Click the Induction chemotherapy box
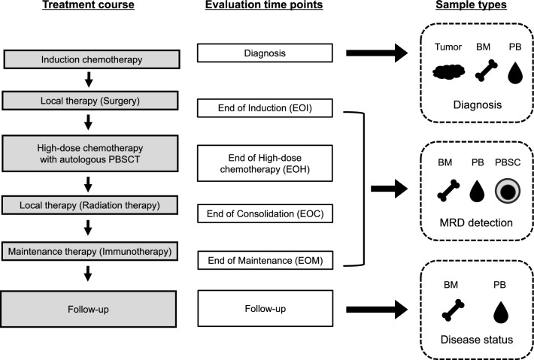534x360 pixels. [x=94, y=59]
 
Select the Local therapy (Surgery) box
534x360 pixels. [x=94, y=99]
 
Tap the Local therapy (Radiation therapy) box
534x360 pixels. [x=94, y=204]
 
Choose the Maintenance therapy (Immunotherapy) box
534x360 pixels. [x=94, y=248]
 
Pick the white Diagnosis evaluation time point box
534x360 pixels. [x=265, y=53]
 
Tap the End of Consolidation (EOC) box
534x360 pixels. [x=265, y=213]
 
